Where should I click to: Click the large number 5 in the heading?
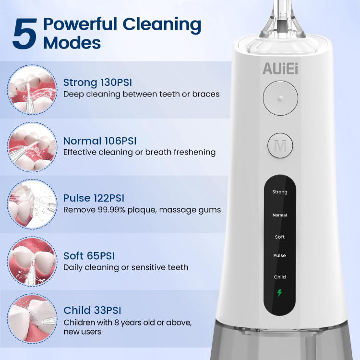25,34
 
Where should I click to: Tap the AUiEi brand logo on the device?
280,69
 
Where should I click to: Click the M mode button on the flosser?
280,145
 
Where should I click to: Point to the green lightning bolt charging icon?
279,293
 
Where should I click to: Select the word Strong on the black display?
280,192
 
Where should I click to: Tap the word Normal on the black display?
280,215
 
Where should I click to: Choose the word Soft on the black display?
280,237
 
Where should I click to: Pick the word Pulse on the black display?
279,255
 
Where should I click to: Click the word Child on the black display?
280,277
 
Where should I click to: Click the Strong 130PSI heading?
97,83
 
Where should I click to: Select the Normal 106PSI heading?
100,141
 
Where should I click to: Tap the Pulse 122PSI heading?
94,198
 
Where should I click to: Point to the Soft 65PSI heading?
89,256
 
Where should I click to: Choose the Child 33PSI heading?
92,310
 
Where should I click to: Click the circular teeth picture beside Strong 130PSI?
32,89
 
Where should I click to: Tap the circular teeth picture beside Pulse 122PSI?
32,204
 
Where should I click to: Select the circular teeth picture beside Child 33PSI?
32,319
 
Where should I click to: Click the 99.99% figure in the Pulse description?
111,210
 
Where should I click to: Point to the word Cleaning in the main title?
162,25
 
